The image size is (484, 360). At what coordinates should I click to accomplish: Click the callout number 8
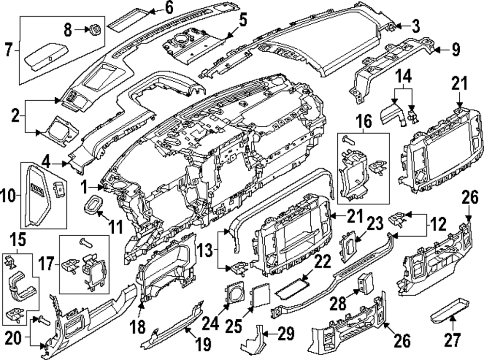[x=68, y=30]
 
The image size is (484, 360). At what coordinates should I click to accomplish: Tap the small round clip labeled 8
[x=95, y=29]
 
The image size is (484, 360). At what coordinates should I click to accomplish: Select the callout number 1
[x=85, y=186]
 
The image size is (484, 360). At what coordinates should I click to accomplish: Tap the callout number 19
[x=203, y=345]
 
